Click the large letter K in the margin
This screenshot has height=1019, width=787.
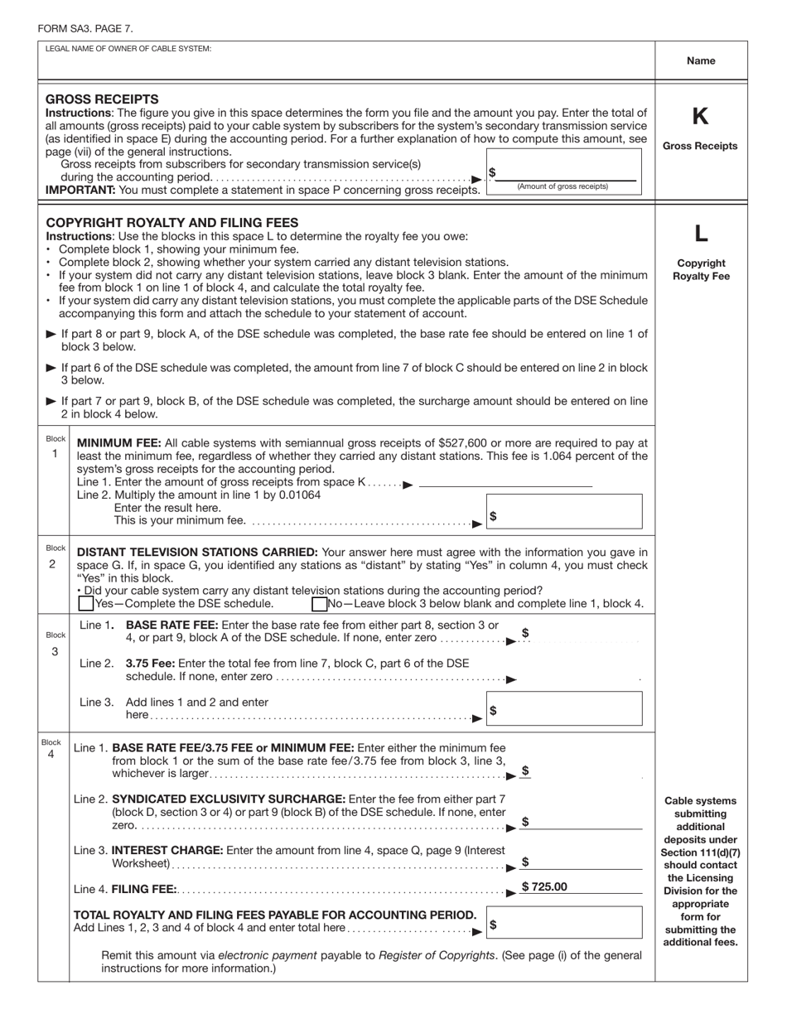[700, 117]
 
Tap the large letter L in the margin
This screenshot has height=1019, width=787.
[700, 234]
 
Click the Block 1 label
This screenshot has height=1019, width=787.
[56, 447]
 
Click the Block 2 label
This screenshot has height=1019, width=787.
[56, 556]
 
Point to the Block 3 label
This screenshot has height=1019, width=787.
[56, 643]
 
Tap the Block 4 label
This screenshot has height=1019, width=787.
[51, 749]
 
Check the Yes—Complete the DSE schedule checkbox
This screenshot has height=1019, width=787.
[86, 604]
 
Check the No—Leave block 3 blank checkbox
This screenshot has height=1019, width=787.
[319, 604]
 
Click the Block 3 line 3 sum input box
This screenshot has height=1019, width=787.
[563, 710]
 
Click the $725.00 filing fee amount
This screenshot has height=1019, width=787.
[544, 886]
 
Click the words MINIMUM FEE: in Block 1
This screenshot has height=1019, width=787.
[115, 443]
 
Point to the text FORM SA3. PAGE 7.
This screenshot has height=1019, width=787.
[84, 29]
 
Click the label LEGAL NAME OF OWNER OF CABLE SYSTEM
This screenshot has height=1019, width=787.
[128, 49]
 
